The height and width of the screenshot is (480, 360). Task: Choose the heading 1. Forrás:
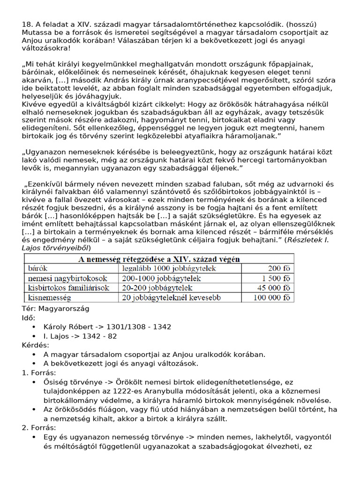point(39,373)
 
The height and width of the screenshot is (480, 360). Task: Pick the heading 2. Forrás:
point(39,427)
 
